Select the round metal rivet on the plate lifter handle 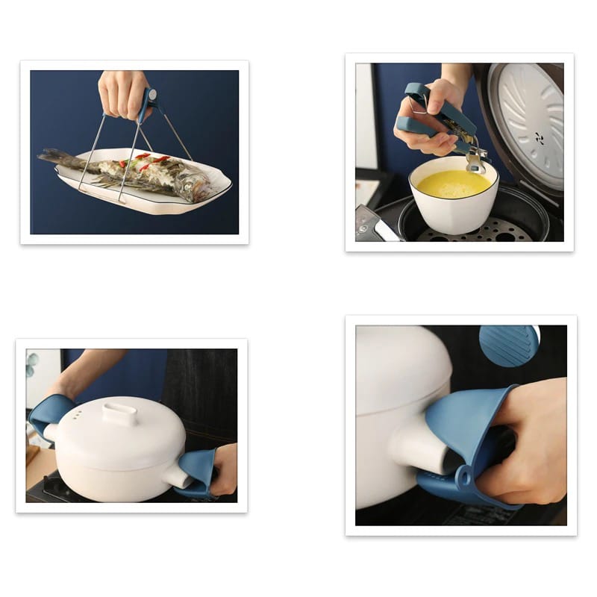point(152,96)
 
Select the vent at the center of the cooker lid point(539,138)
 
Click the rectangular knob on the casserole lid point(120,413)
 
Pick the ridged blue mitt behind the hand point(508,345)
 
